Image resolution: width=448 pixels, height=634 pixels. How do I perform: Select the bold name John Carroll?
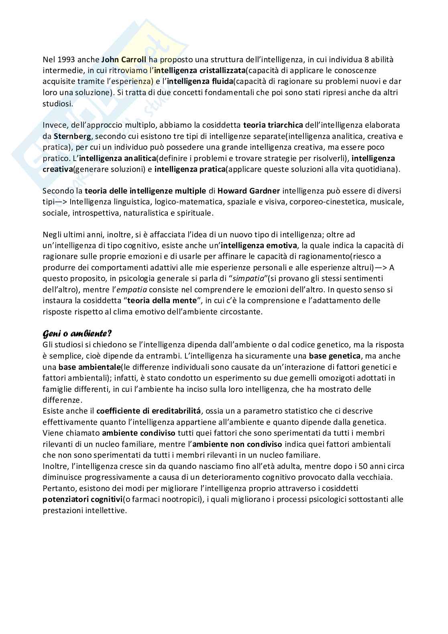click(x=124, y=60)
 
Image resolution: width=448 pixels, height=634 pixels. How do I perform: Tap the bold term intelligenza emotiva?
click(x=259, y=245)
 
